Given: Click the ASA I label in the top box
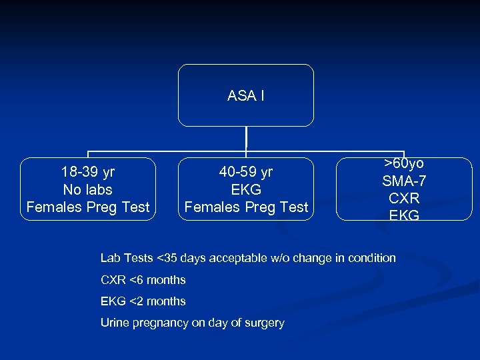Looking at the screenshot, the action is [x=245, y=96].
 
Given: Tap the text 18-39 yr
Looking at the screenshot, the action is [x=87, y=172].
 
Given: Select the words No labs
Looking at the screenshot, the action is [x=87, y=189].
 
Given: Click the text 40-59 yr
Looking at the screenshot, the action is [x=246, y=172].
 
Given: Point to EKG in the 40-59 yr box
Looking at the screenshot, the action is [x=246, y=189].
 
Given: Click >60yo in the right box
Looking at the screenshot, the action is [x=404, y=163].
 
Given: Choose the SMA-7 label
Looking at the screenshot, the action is [x=404, y=181].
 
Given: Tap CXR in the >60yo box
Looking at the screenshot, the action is [x=404, y=198].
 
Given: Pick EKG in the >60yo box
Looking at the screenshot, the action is [x=404, y=215].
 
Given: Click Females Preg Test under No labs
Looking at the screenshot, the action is [x=87, y=207].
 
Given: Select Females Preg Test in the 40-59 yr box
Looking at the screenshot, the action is [x=246, y=207].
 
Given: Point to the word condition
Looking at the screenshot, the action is [x=371, y=258].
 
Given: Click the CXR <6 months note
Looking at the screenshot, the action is [x=143, y=280].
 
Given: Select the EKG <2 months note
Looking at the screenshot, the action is [x=143, y=301].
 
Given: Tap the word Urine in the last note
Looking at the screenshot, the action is [x=114, y=323].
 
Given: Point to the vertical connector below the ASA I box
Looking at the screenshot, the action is [x=246, y=138].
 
